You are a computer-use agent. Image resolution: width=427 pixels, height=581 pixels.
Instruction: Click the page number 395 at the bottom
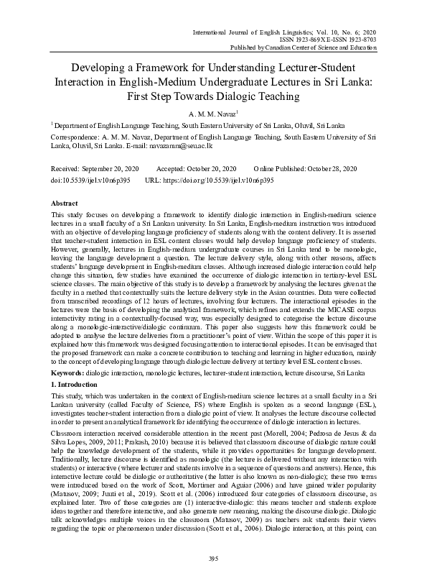(214, 558)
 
